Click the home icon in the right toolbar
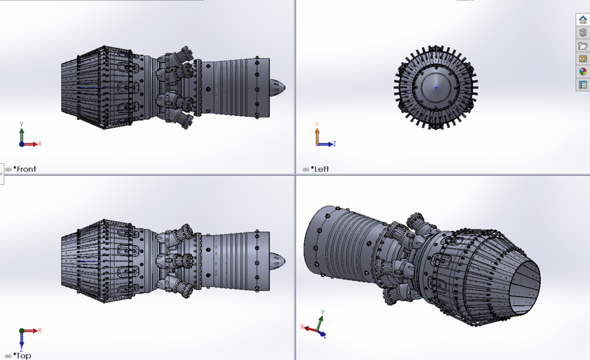583,20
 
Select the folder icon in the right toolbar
583,46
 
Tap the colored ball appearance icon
583,72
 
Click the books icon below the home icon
583,33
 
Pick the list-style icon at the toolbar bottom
583,85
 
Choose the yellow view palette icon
583,59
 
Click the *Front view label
25,169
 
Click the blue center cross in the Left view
436,87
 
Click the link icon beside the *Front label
8,170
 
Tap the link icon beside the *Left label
305,170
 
